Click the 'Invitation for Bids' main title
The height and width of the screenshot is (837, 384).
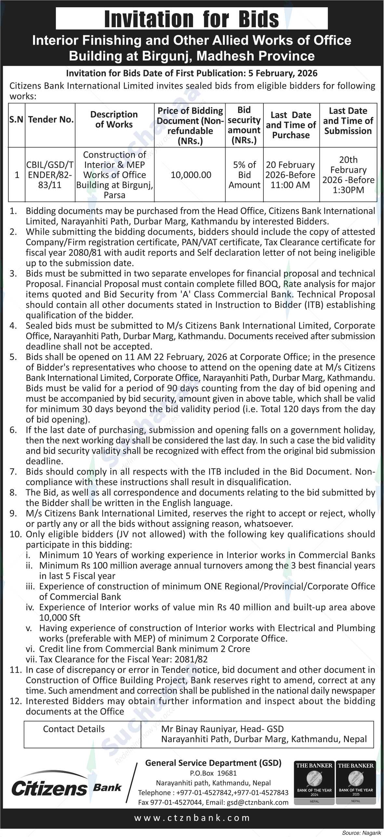pos(192,19)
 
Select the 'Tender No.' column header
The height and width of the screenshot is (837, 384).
pos(50,119)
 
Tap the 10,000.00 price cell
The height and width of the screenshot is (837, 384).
pos(191,175)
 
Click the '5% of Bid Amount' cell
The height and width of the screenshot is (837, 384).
pos(244,175)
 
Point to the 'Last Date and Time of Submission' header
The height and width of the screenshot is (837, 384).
pos(348,121)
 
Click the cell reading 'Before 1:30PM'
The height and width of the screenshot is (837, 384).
pos(348,185)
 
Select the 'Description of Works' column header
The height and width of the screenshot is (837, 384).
pos(114,119)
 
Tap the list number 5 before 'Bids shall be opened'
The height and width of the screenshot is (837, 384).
pos(13,357)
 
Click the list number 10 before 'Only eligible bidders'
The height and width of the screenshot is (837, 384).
pos(15,534)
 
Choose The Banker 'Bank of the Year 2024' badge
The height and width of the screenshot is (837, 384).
pos(314,783)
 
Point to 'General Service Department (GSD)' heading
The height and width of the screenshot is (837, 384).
pos(213,763)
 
